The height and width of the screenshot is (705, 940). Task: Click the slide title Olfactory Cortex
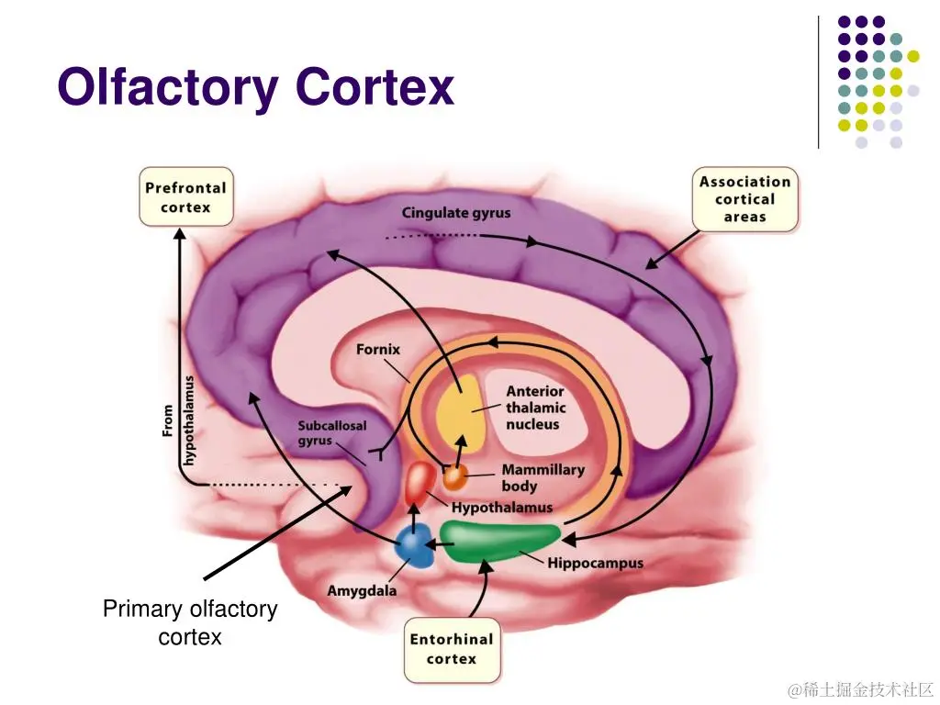pyautogui.click(x=255, y=89)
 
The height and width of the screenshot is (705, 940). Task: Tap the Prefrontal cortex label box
pyautogui.click(x=185, y=196)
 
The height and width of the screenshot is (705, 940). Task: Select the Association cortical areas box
pyautogui.click(x=744, y=199)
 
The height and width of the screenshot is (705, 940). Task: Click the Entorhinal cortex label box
pyautogui.click(x=452, y=649)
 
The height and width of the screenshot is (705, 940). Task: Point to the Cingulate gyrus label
pyautogui.click(x=456, y=213)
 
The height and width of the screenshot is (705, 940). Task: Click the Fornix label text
pyautogui.click(x=378, y=350)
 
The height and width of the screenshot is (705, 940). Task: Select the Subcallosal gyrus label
pyautogui.click(x=331, y=433)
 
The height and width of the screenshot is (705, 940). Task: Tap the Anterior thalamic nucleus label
pyautogui.click(x=535, y=408)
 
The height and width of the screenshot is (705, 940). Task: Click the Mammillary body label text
pyautogui.click(x=543, y=477)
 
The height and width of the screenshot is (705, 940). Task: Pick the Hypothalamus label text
pyautogui.click(x=502, y=508)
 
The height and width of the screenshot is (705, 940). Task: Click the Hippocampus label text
pyautogui.click(x=595, y=563)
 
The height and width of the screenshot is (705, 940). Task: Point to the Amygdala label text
pyautogui.click(x=362, y=590)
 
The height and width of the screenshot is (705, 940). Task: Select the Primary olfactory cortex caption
pyautogui.click(x=190, y=622)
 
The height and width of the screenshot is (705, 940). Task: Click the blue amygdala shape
pyautogui.click(x=414, y=548)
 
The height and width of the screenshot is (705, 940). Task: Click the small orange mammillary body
pyautogui.click(x=455, y=477)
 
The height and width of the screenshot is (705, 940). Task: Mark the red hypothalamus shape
pyautogui.click(x=420, y=482)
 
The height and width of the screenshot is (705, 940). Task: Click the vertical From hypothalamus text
pyautogui.click(x=179, y=420)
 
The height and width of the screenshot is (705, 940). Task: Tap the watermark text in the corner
pyautogui.click(x=860, y=688)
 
